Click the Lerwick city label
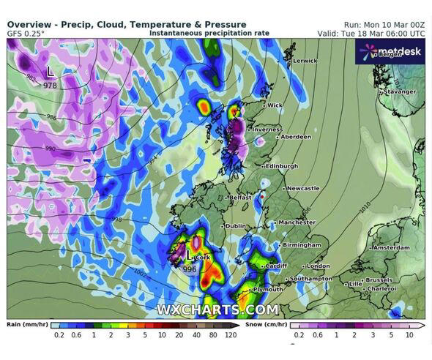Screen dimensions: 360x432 coord(305,61)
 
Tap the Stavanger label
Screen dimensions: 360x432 coord(401,91)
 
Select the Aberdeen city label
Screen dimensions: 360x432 coord(296,137)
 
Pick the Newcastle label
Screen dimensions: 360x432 coord(303,188)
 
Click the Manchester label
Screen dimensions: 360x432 coord(297,222)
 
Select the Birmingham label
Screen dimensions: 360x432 coord(304,244)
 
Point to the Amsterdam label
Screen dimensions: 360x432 coord(391,248)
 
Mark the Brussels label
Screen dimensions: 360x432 coord(379,280)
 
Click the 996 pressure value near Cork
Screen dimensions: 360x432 coord(190,269)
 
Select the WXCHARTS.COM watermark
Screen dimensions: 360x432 coord(217,310)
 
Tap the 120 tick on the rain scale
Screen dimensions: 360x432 coord(230,335)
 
